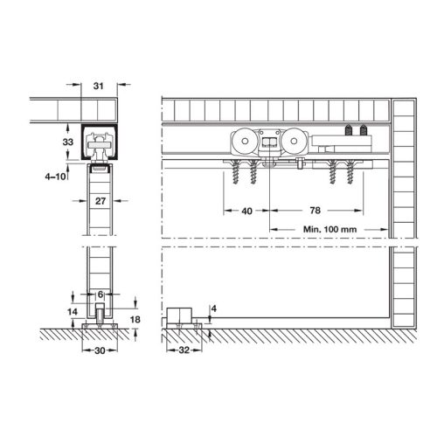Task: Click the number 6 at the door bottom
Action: pos(101,295)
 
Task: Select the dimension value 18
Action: pos(136,320)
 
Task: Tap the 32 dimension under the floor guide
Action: pos(183,350)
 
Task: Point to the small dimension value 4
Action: pos(214,308)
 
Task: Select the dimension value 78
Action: pos(314,211)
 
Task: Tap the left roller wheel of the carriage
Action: pos(242,142)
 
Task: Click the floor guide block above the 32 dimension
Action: pos(183,316)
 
